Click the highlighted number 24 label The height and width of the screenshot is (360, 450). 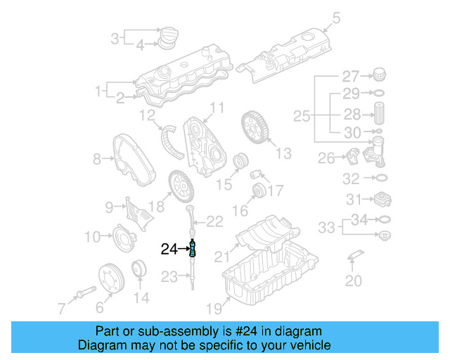tap(169, 248)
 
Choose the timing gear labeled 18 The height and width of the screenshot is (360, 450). tap(180, 186)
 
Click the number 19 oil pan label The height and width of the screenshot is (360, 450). tap(214, 307)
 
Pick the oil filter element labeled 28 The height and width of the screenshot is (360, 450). tap(379, 114)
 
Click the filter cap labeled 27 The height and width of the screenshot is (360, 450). tap(379, 75)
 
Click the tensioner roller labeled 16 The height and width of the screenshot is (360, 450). tap(258, 191)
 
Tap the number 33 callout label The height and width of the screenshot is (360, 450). tap(326, 227)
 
